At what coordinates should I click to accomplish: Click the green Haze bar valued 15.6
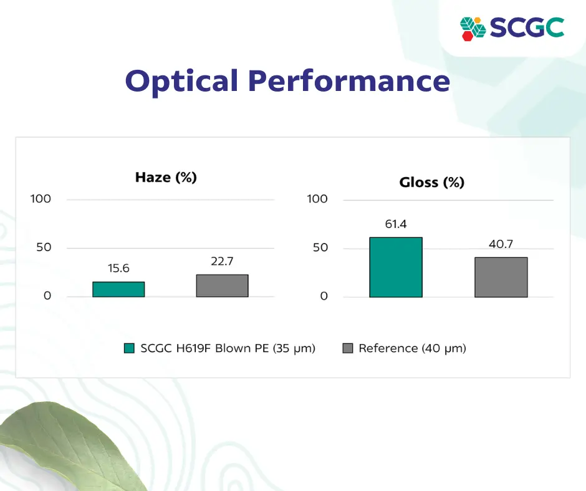point(118,289)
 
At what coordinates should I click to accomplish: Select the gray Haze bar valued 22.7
point(223,286)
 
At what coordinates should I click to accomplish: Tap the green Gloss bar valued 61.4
point(396,267)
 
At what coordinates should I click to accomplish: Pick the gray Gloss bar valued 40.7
point(501,277)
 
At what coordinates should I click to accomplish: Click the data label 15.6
point(118,269)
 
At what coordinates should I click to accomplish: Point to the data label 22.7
point(222,261)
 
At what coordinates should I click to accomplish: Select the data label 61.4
point(396,224)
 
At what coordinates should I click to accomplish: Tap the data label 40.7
point(501,244)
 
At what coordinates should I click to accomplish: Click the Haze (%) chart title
point(166,178)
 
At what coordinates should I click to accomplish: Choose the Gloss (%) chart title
point(431,183)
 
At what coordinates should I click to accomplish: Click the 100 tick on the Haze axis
point(41,199)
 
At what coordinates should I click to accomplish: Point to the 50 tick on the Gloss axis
point(320,247)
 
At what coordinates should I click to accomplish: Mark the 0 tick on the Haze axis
point(47,296)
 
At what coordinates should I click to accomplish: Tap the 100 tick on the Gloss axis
point(317,199)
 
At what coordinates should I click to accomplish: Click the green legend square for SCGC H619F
point(129,348)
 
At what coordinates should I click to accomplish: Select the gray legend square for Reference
point(348,348)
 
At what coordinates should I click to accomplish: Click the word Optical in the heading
point(181,82)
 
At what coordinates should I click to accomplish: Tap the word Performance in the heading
point(349,81)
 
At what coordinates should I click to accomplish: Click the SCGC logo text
point(527,27)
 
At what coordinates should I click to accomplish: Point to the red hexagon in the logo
point(467,36)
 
